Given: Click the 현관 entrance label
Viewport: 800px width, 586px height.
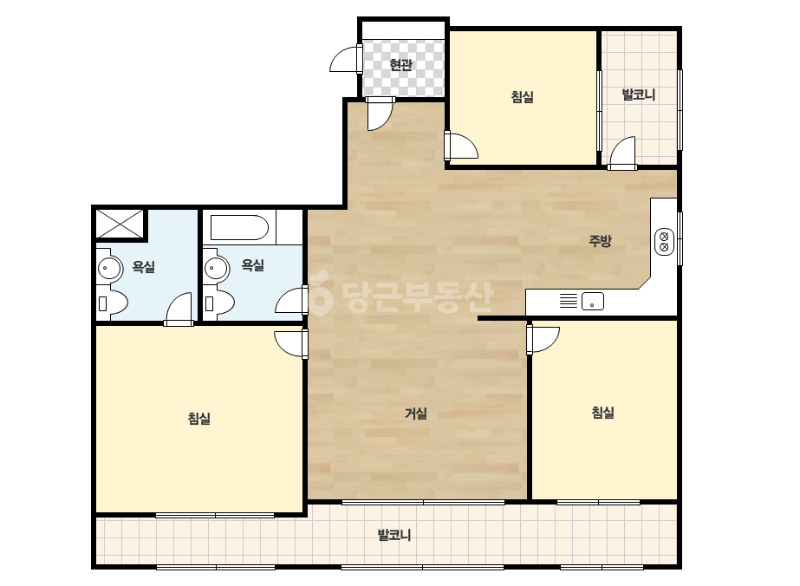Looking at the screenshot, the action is (400, 65).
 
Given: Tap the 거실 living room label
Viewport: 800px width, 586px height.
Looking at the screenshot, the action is (416, 413).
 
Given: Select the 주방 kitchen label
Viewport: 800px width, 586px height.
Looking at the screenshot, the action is (600, 240).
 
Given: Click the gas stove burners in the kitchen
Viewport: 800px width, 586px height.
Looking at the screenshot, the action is (664, 242).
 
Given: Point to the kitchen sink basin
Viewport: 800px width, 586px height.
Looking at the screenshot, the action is (592, 301).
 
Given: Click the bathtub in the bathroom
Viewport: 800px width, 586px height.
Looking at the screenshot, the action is (239, 228).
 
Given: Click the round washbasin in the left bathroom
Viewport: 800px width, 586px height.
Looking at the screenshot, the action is (109, 268).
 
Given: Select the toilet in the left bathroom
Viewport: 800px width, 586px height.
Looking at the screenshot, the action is (112, 303).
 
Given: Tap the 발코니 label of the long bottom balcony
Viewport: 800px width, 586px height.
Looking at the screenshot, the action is (394, 535).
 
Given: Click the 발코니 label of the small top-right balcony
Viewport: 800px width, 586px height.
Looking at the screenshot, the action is (639, 94).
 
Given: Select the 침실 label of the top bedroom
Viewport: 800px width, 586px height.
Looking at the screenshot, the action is (523, 96).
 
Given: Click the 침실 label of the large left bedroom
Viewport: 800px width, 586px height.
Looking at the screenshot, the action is (199, 419).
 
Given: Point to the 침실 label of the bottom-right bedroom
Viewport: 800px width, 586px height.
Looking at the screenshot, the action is (603, 412).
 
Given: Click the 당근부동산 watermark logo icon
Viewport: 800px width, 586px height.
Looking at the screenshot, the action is (321, 295).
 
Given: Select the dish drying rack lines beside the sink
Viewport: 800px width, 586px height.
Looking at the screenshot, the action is (569, 301).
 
